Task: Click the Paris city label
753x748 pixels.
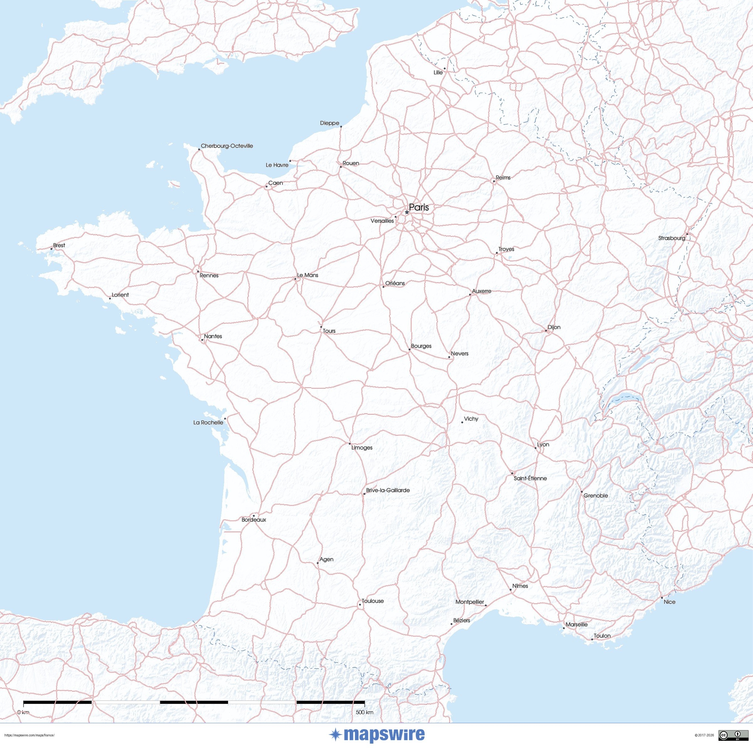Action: [419, 207]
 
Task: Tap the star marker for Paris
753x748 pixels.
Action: [407, 212]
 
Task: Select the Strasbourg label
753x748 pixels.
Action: [671, 238]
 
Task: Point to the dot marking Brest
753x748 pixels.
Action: [51, 249]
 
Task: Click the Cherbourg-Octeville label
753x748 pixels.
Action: [227, 146]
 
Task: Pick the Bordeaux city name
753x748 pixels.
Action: [254, 520]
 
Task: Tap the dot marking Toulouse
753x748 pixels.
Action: [359, 605]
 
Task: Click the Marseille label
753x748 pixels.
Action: [576, 624]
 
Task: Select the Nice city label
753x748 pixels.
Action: [670, 602]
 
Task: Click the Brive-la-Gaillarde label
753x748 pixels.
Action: [388, 490]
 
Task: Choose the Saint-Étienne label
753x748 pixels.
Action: [530, 478]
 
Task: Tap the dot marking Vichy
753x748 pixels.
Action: [462, 422]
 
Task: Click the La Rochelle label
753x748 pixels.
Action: [208, 422]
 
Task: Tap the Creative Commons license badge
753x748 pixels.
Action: [729, 735]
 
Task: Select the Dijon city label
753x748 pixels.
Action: [554, 327]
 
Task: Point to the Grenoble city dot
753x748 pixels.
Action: [581, 492]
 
